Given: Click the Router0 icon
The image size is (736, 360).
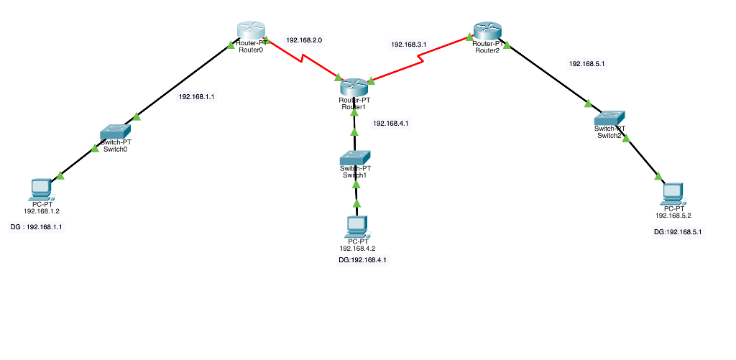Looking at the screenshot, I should point(251,31).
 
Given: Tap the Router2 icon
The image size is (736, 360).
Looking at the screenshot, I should point(489,31).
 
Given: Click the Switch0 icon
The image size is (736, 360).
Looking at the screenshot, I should point(115,131).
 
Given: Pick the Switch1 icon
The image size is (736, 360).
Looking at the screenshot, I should point(355,157).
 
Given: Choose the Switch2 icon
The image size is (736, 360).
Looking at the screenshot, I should point(610,117).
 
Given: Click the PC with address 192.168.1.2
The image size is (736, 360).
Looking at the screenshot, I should point(40,188).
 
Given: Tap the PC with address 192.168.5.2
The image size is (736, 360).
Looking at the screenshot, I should point(673,192).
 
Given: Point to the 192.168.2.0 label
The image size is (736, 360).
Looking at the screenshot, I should point(304,40).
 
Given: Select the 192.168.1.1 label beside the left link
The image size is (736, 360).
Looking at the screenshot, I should point(196,96).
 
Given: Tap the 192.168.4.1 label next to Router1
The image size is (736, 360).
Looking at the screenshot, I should point(390,124).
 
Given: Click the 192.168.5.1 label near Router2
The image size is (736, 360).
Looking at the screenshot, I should point(586,64).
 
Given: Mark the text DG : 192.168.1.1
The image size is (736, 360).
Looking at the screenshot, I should point(36,227).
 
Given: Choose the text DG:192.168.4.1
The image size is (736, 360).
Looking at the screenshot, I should point(362,260).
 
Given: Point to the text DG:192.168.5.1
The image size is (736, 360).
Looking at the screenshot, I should point(677,232).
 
